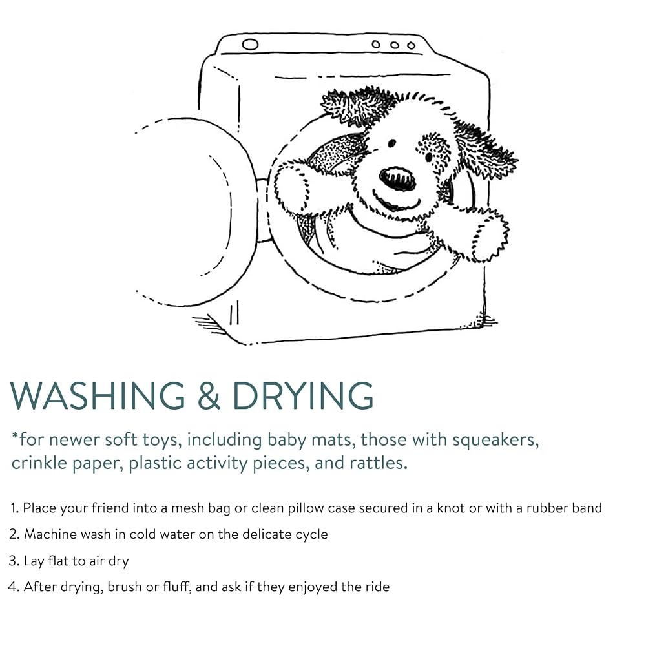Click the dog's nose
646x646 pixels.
[x=397, y=178]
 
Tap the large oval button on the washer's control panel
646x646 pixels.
[x=250, y=44]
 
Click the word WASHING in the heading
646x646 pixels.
[x=98, y=395]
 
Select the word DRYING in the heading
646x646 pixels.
[x=303, y=395]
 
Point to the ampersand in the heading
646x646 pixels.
[x=209, y=395]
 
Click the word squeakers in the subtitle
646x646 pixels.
[x=495, y=441]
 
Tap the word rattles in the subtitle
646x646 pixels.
[x=378, y=463]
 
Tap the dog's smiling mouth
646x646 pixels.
[x=397, y=203]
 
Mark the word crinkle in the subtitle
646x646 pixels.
[x=39, y=463]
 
